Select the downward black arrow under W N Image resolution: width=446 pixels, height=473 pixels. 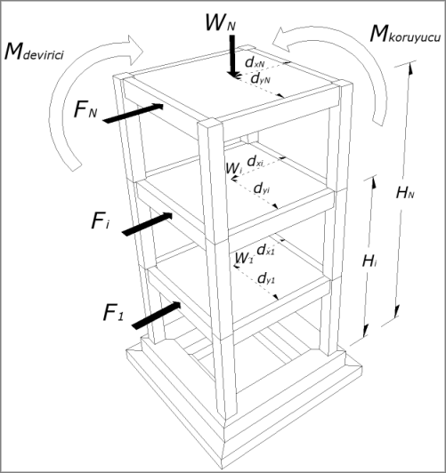[231, 57]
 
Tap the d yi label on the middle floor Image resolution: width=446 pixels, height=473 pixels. [263, 189]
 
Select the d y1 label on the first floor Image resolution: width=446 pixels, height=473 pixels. [264, 279]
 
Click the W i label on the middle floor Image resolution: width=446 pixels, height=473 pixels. [232, 166]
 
